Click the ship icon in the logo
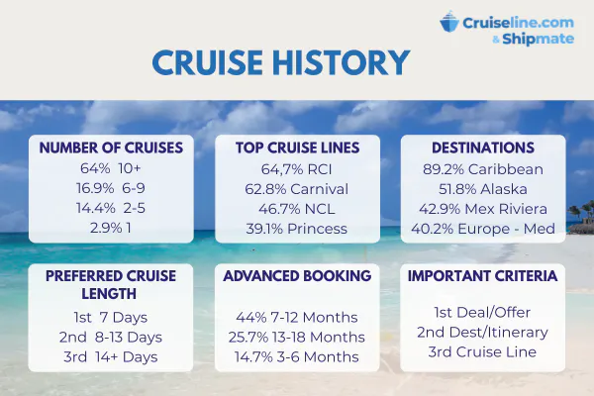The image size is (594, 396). [x=449, y=22]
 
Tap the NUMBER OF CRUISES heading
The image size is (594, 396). [x=111, y=148]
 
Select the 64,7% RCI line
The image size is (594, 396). [x=297, y=169]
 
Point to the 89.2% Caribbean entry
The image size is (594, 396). [x=483, y=169]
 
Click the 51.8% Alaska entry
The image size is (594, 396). [x=483, y=189]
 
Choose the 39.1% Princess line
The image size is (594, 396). [x=297, y=229]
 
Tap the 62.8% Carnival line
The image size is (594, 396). [x=297, y=189]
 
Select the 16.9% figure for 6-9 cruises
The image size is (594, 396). [x=95, y=188]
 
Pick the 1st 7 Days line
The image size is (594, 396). [x=111, y=317]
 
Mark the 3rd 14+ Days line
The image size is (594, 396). [x=111, y=356]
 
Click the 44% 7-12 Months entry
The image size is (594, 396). [x=297, y=317]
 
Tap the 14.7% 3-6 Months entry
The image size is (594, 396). [x=297, y=356]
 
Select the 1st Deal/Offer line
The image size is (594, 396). [x=482, y=312]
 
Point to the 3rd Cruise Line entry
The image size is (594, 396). [x=482, y=351]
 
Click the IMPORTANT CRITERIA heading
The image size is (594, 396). [x=483, y=276]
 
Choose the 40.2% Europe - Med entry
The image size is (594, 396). [x=483, y=229]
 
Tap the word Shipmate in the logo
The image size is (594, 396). [x=538, y=39]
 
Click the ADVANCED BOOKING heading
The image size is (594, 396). [x=297, y=276]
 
